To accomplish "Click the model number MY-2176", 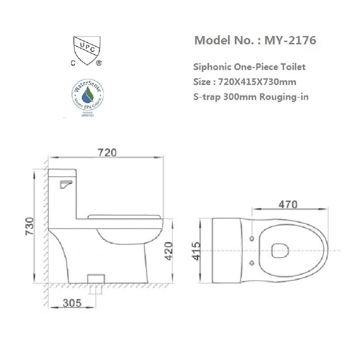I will [290, 40].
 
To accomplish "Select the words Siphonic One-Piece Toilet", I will [249, 67].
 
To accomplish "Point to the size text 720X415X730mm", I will [257, 82].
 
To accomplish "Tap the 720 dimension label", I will [107, 152].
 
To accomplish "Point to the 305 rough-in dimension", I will [72, 303].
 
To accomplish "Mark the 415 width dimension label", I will [196, 251].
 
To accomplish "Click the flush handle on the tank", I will [66, 184].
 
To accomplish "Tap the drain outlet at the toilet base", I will [96, 279].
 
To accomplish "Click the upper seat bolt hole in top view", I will [251, 239].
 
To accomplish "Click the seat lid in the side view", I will [125, 217].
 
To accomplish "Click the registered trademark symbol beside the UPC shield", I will [99, 63].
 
